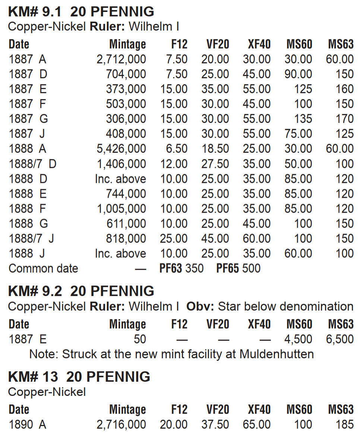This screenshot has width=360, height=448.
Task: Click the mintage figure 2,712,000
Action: pos(121,59)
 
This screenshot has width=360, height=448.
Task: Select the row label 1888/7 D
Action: pos(32,164)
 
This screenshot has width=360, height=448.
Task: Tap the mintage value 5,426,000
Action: pos(121,149)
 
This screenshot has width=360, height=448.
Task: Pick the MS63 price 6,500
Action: pos(340,339)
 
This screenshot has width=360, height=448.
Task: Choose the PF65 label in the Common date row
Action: pos(227,269)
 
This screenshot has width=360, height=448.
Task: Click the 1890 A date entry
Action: pos(27,424)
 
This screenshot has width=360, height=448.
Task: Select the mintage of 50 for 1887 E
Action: pos(139,339)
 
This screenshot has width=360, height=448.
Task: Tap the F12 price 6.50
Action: pos(177,149)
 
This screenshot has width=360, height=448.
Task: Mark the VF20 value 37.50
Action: pos(215,424)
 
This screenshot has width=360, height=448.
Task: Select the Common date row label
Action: pos(43,269)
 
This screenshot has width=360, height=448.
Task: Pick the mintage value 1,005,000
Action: pos(121,209)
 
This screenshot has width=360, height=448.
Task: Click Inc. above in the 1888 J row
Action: pos(120,254)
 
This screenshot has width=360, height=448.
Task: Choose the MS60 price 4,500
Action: pos(298,339)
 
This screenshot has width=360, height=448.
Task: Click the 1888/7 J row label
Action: pos(31,238)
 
